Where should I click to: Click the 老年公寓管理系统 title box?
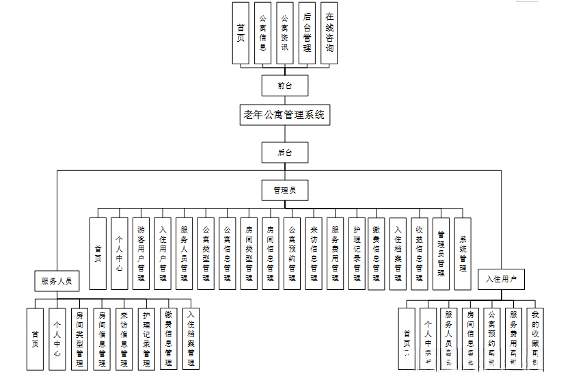pyautogui.click(x=284, y=115)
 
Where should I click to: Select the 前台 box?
pyautogui.click(x=284, y=85)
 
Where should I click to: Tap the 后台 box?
pyautogui.click(x=284, y=152)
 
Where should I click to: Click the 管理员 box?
pyautogui.click(x=284, y=189)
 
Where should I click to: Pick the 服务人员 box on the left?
pyautogui.click(x=57, y=280)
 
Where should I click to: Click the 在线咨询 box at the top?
pyautogui.click(x=329, y=33)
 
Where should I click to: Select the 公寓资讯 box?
pyautogui.click(x=285, y=33)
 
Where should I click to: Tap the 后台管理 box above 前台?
pyautogui.click(x=307, y=33)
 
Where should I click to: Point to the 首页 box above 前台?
pyautogui.click(x=241, y=33)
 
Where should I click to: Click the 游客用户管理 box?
pyautogui.click(x=141, y=254)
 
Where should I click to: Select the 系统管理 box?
pyautogui.click(x=463, y=254)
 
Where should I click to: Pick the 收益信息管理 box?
pyautogui.click(x=420, y=254)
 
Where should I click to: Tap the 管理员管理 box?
pyautogui.click(x=441, y=254)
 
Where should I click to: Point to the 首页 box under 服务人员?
pyautogui.click(x=35, y=338)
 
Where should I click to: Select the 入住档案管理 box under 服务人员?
pyautogui.click(x=191, y=338)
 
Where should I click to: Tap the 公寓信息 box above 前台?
pyautogui.click(x=262, y=33)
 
